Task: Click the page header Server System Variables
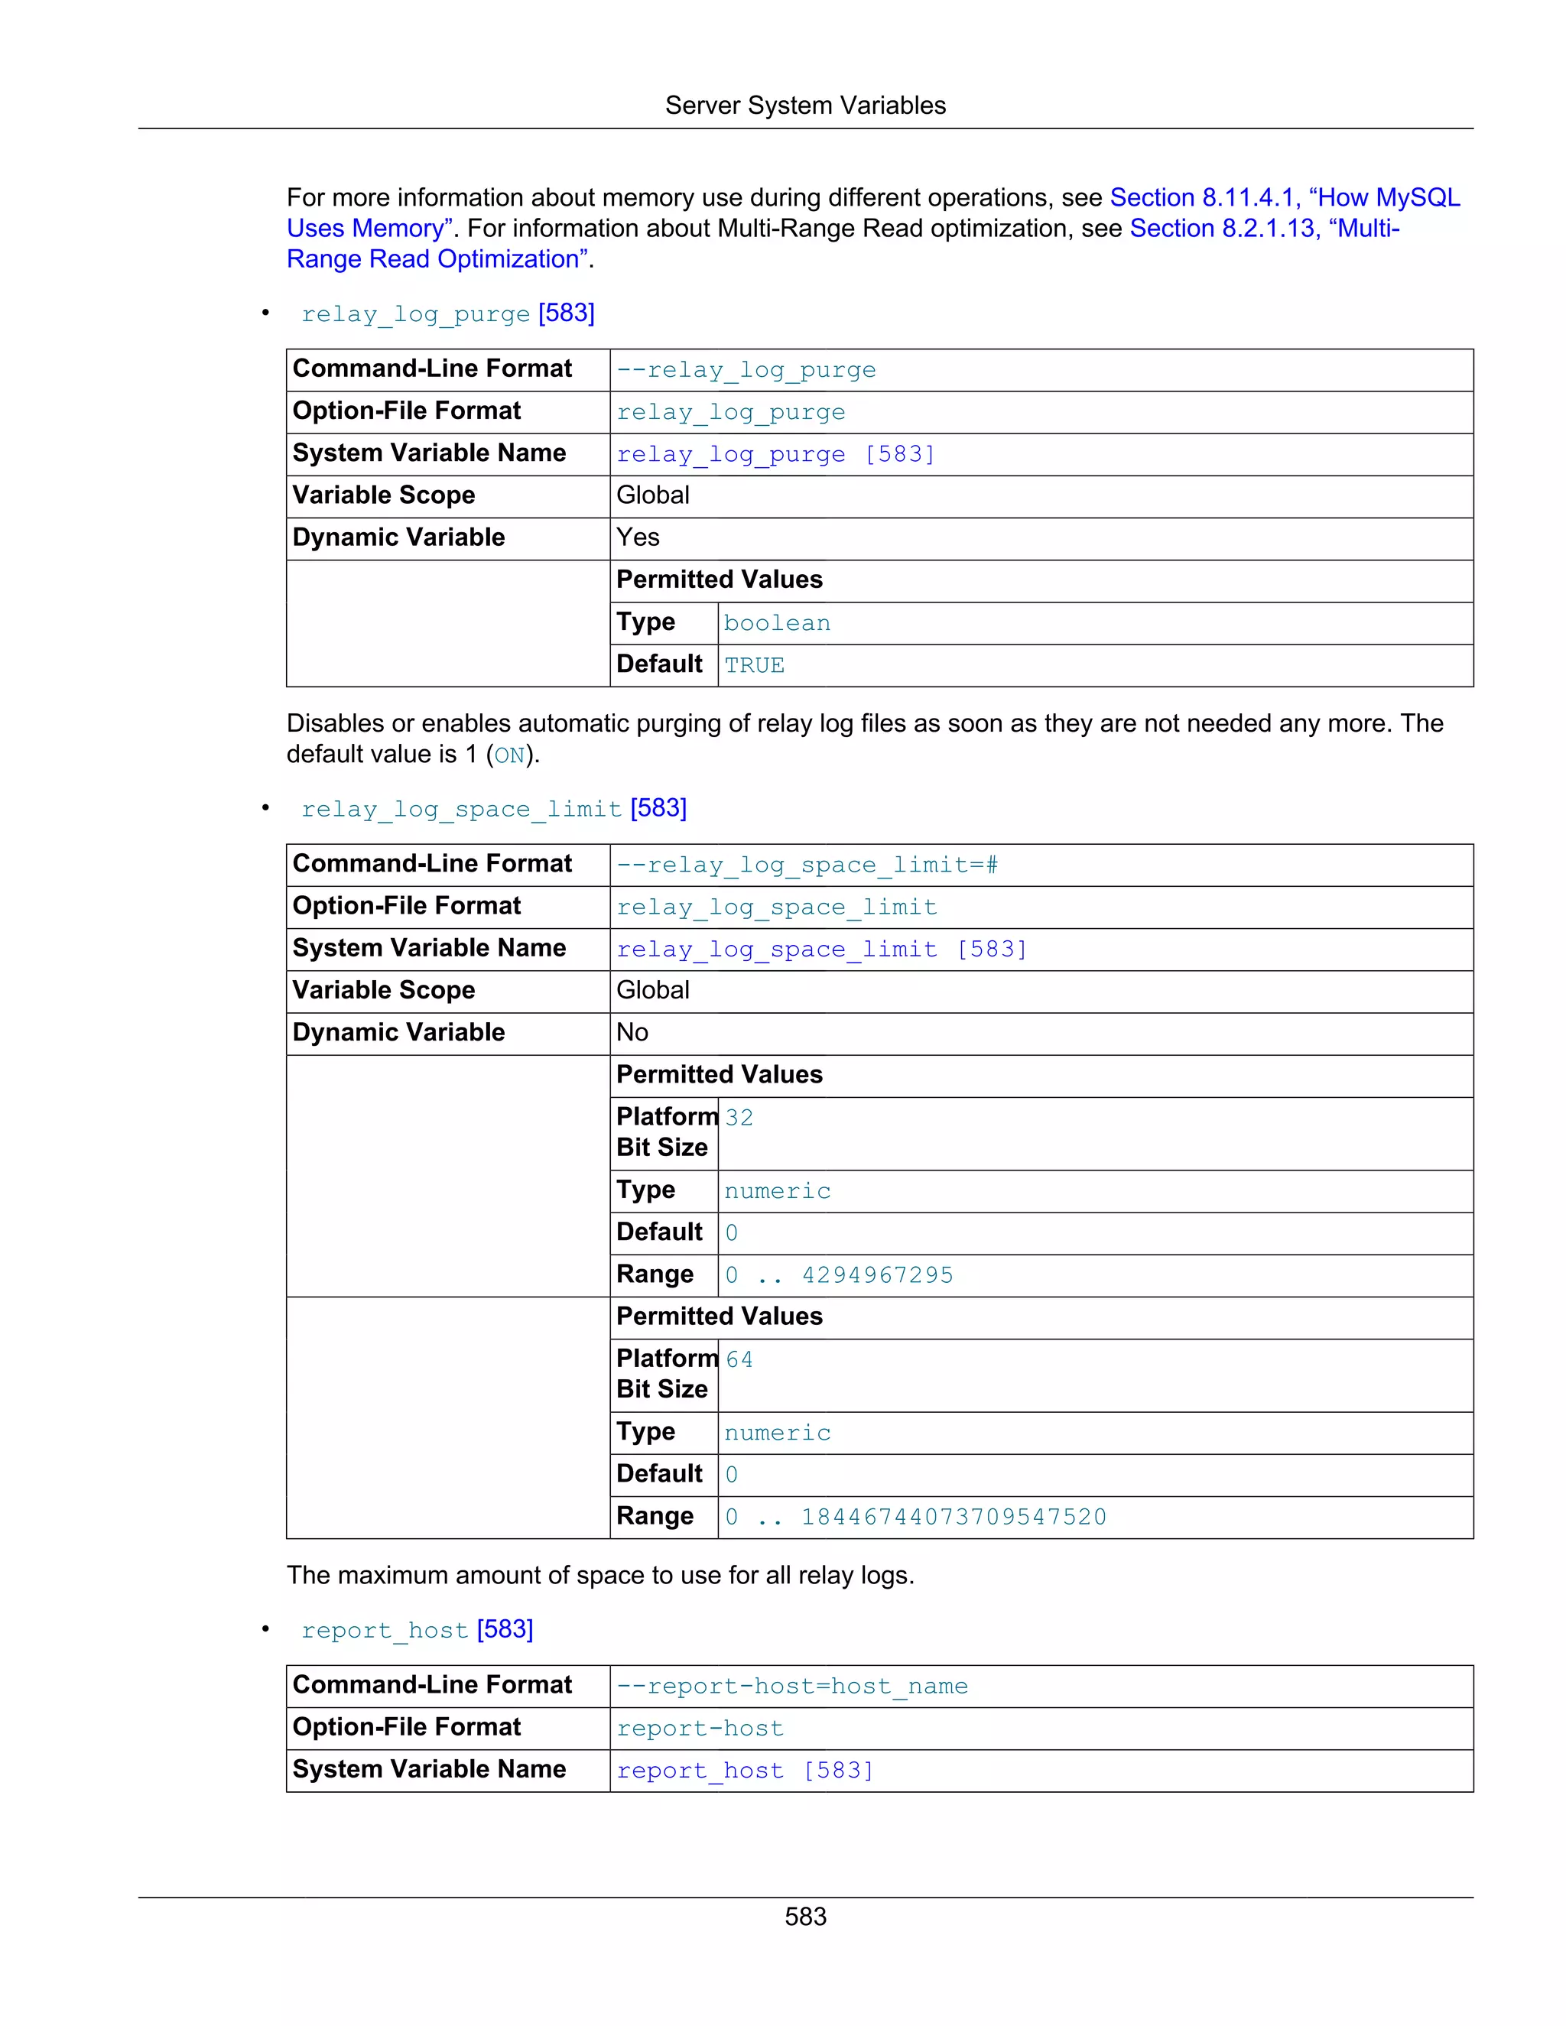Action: point(804,106)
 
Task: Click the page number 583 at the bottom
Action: point(804,1917)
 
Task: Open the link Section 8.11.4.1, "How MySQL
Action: point(1284,197)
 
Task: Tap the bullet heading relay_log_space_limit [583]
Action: point(493,809)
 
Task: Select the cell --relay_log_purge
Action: point(746,370)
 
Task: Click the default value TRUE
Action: point(754,665)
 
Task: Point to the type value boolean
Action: point(777,623)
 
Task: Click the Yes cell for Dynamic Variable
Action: point(638,538)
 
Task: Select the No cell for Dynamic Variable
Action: point(632,1032)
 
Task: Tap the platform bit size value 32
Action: point(739,1118)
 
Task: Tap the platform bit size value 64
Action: point(739,1360)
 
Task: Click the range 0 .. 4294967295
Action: point(839,1275)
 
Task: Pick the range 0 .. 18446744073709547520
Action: point(915,1518)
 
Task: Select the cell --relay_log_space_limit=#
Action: point(807,865)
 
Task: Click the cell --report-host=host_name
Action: point(792,1687)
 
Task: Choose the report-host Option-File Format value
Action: point(700,1729)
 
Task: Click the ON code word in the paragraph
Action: point(509,756)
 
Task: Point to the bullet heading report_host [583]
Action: point(417,1630)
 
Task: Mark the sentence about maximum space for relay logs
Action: point(600,1575)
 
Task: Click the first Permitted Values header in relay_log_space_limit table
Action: point(719,1075)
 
